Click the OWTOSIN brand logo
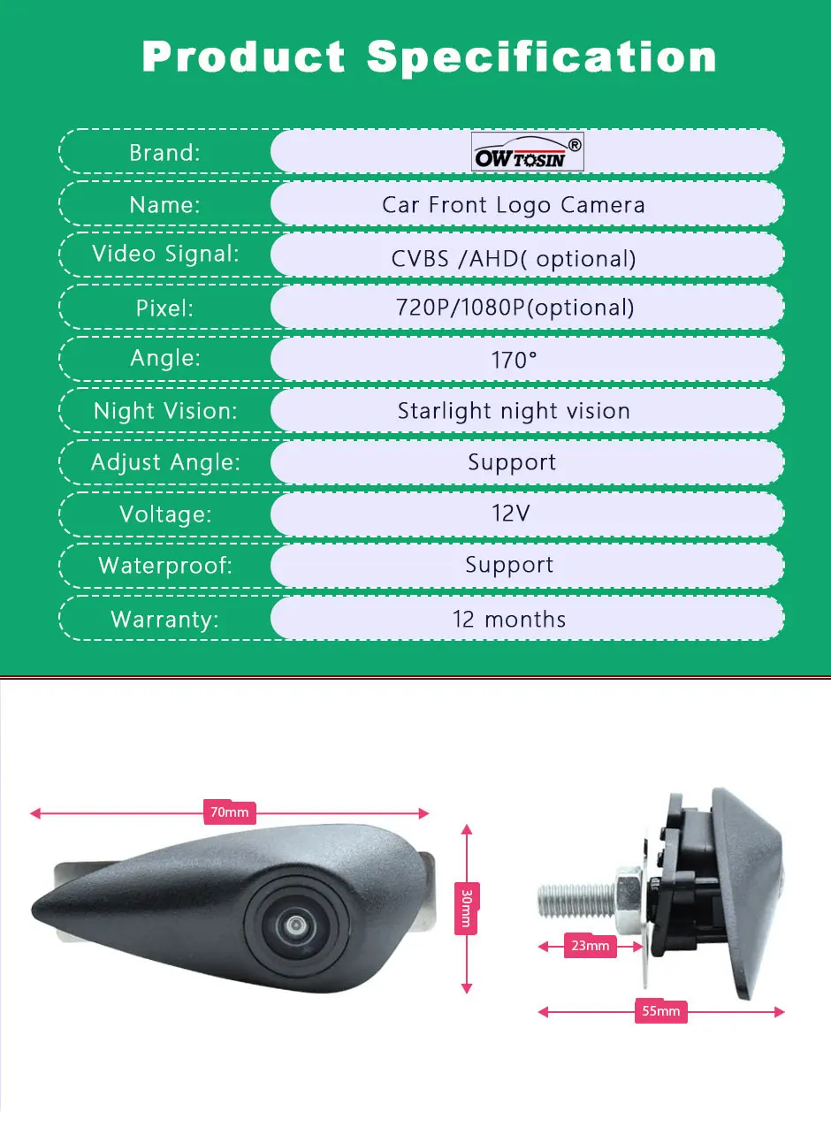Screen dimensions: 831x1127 click(x=528, y=152)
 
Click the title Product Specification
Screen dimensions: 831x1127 click(x=430, y=57)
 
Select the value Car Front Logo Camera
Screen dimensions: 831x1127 click(x=514, y=205)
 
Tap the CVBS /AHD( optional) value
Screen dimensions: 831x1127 click(x=514, y=258)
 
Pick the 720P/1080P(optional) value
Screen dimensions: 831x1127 click(x=514, y=308)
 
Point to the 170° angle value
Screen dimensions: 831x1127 click(x=514, y=360)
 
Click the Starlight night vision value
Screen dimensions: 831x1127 click(x=514, y=411)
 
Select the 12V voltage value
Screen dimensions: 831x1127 click(x=511, y=514)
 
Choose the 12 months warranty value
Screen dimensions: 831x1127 click(x=509, y=619)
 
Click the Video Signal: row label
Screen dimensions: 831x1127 click(x=165, y=255)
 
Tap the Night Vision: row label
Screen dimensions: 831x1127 click(x=165, y=411)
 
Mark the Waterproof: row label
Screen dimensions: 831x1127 click(x=165, y=566)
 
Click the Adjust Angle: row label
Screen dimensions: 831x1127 click(x=165, y=462)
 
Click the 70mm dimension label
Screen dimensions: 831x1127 click(x=230, y=812)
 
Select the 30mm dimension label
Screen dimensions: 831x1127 click(x=467, y=909)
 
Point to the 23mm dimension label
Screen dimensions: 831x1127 click(x=591, y=946)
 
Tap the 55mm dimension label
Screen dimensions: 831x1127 click(x=661, y=1011)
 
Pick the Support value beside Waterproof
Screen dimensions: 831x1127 click(x=510, y=566)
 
